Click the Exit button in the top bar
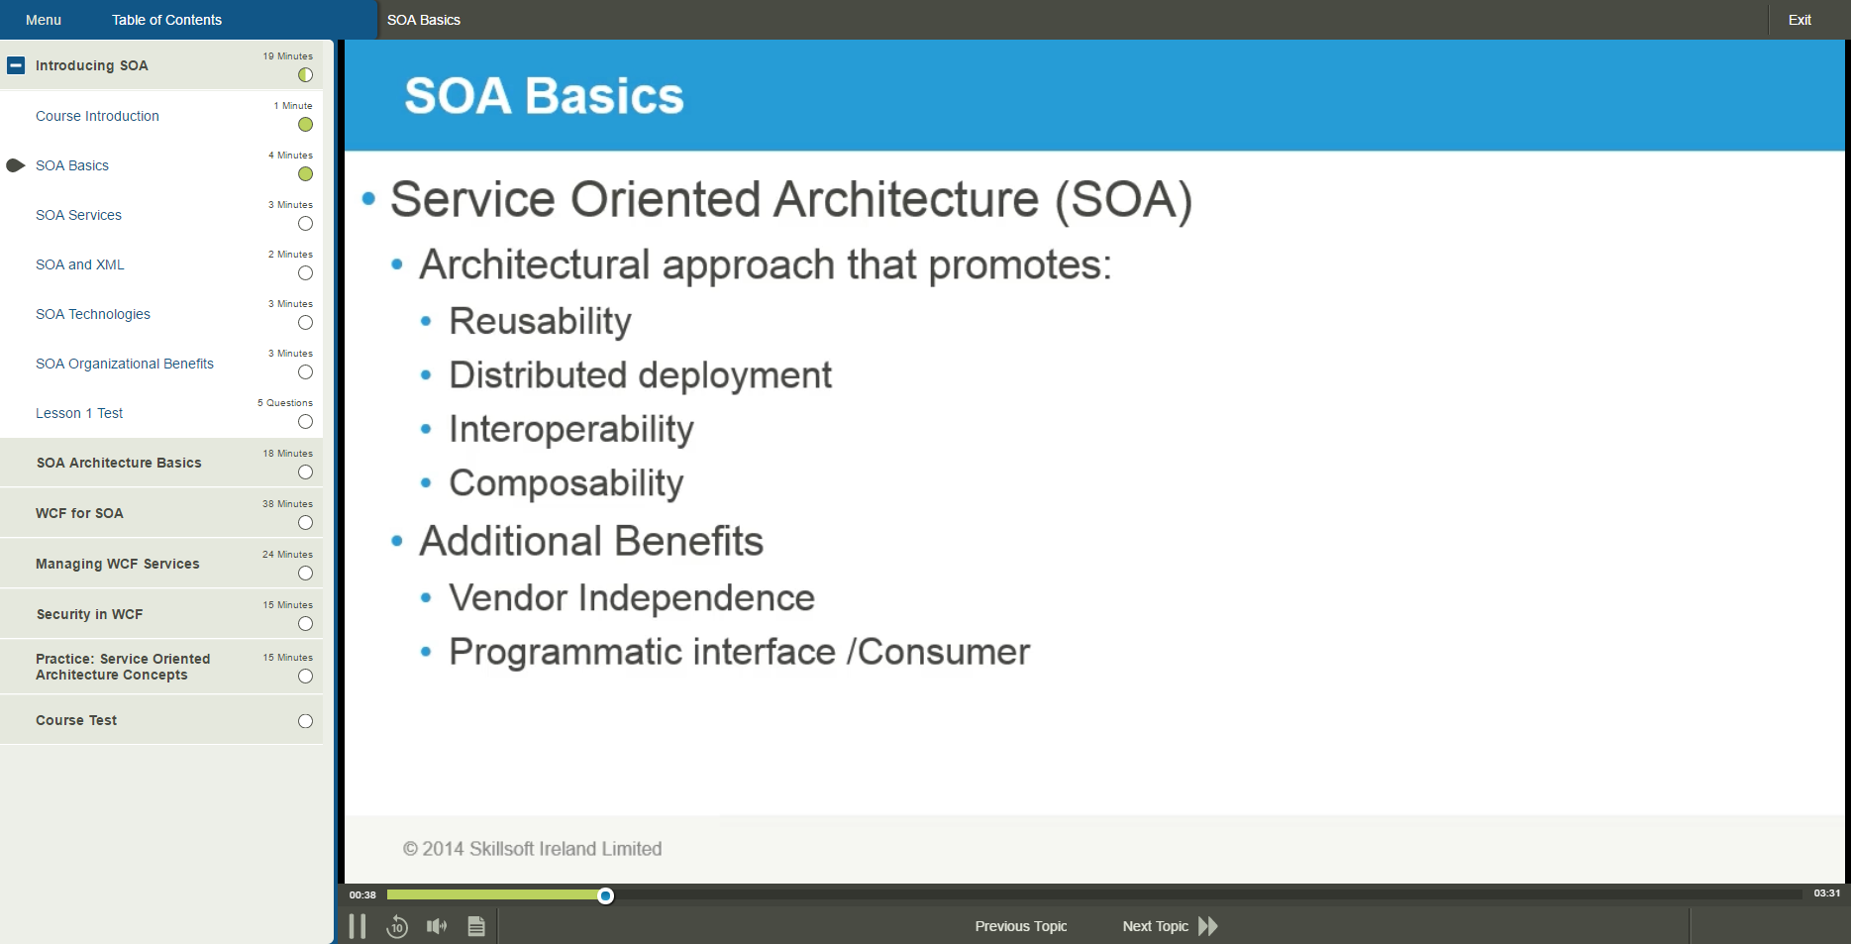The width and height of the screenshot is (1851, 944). click(1799, 20)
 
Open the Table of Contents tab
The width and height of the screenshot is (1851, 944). click(166, 20)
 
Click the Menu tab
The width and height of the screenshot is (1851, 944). click(44, 20)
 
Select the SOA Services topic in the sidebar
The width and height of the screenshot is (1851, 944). click(79, 215)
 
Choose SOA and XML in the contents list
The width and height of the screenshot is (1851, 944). click(80, 264)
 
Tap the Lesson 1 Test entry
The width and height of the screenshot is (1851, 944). click(79, 413)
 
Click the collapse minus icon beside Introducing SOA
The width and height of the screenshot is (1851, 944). click(16, 65)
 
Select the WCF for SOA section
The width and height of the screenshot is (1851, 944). click(80, 513)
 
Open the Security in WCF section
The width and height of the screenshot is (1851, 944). click(90, 614)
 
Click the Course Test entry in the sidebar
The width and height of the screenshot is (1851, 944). click(76, 720)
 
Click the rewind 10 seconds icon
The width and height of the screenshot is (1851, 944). click(396, 926)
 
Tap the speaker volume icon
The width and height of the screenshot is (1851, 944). click(437, 926)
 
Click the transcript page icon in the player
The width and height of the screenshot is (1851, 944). click(476, 926)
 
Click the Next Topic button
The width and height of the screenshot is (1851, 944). click(1169, 926)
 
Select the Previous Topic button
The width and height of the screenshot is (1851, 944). click(1021, 926)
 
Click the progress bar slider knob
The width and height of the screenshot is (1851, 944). click(605, 895)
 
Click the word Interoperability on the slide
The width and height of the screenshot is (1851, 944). click(571, 429)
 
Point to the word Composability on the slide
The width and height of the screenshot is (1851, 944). click(566, 483)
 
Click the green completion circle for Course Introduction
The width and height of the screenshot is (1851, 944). click(305, 125)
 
